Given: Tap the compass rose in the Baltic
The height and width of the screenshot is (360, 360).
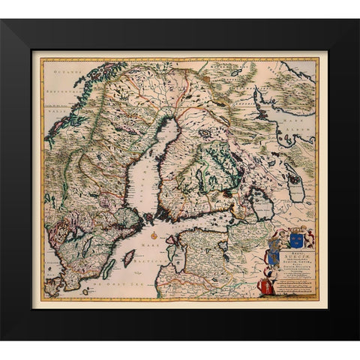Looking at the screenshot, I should tap(154, 235).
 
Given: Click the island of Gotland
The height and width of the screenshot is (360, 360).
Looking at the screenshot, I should tap(128, 257).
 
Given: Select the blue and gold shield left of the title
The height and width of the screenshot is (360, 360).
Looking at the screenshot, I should tap(274, 239).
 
